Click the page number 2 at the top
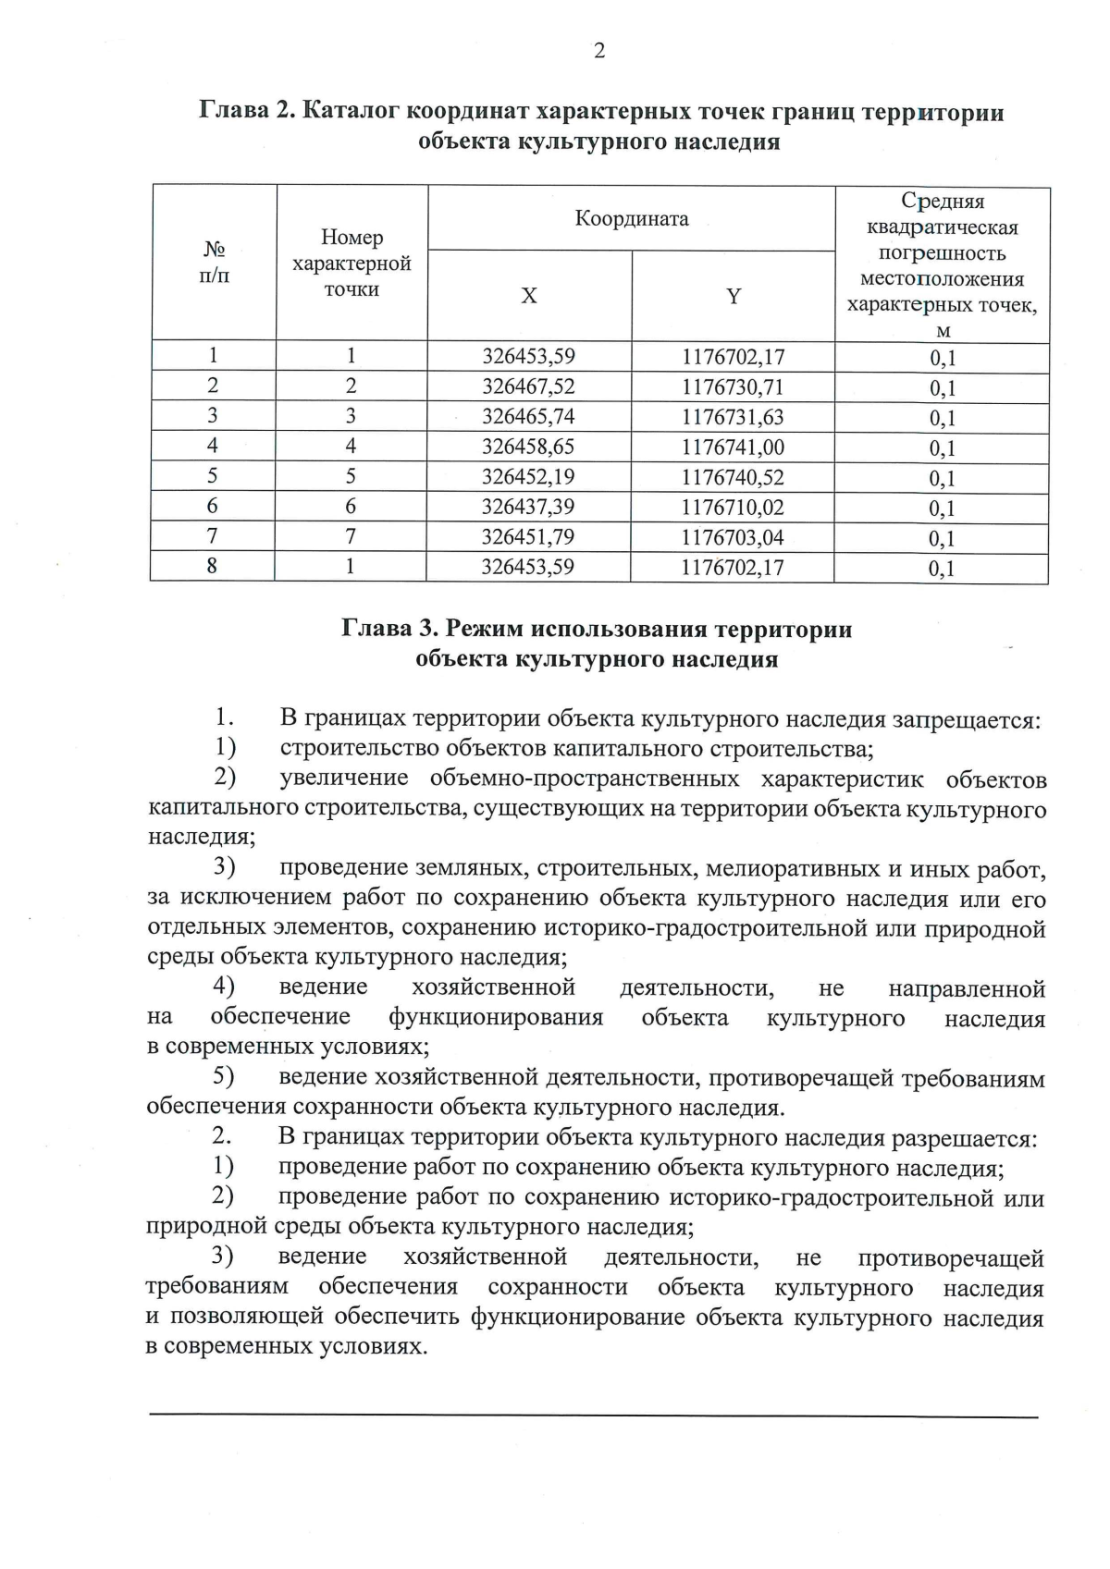(599, 52)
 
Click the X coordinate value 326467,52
(528, 386)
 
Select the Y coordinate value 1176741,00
(733, 447)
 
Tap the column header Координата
(632, 219)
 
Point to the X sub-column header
(528, 296)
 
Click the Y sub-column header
(733, 296)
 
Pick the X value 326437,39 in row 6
(528, 507)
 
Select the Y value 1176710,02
(733, 507)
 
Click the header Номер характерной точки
(351, 264)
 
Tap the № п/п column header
(214, 264)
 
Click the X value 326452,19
(528, 477)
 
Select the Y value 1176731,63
(733, 417)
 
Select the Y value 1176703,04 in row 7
(733, 537)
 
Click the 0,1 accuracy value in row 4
(942, 449)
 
